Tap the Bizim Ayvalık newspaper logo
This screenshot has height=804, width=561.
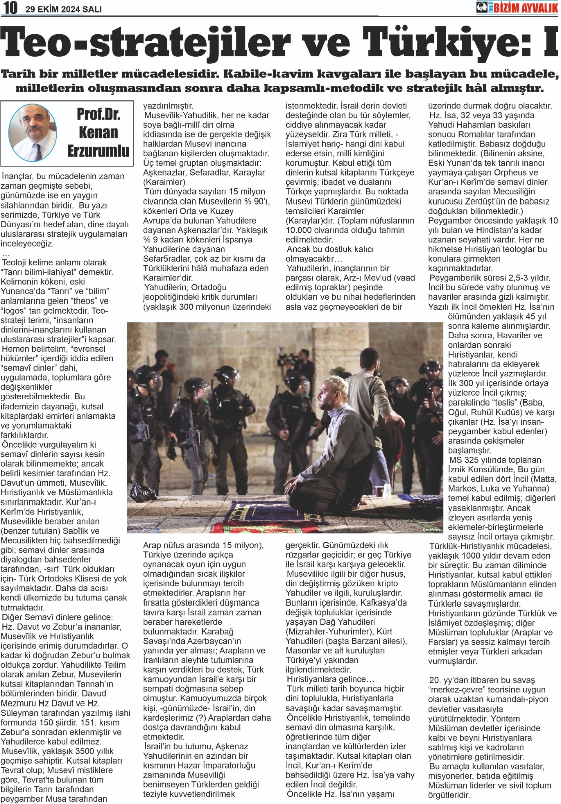click(517, 7)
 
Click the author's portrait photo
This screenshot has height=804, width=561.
click(34, 132)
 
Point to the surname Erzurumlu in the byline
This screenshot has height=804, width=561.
click(98, 151)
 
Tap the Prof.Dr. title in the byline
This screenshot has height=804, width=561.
click(99, 114)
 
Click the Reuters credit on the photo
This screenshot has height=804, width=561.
click(431, 529)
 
